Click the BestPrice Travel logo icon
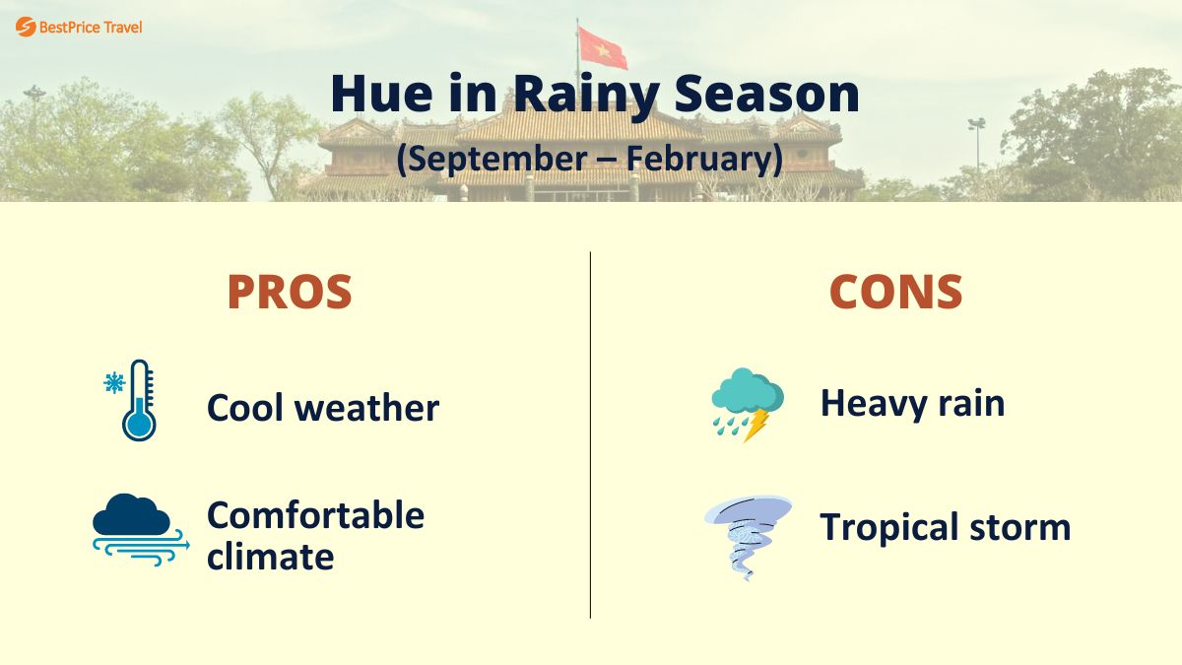click(x=26, y=27)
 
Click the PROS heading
click(x=290, y=292)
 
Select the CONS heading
click(x=895, y=292)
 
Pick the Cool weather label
click(x=323, y=407)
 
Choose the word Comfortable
click(x=315, y=514)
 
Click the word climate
click(x=270, y=557)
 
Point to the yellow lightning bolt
click(x=756, y=425)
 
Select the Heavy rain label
click(x=912, y=402)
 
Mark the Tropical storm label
click(x=945, y=527)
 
